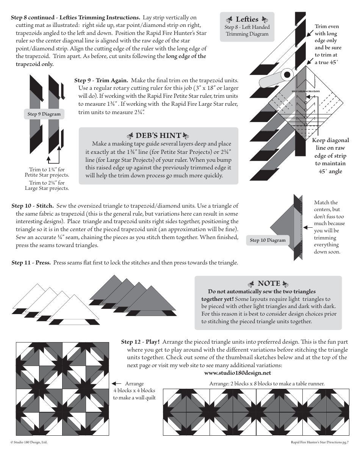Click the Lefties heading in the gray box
click(x=247, y=19)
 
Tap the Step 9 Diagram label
click(x=44, y=114)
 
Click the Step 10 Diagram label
click(x=268, y=240)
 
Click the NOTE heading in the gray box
click(x=269, y=283)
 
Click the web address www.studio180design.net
click(x=238, y=373)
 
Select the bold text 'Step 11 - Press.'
click(x=31, y=263)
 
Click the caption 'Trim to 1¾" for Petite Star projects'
click(x=47, y=172)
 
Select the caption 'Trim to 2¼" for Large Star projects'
click(x=47, y=186)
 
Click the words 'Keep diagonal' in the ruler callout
click(x=330, y=140)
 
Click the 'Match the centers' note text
click(x=326, y=206)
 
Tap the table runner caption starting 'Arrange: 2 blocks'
click(x=267, y=383)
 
